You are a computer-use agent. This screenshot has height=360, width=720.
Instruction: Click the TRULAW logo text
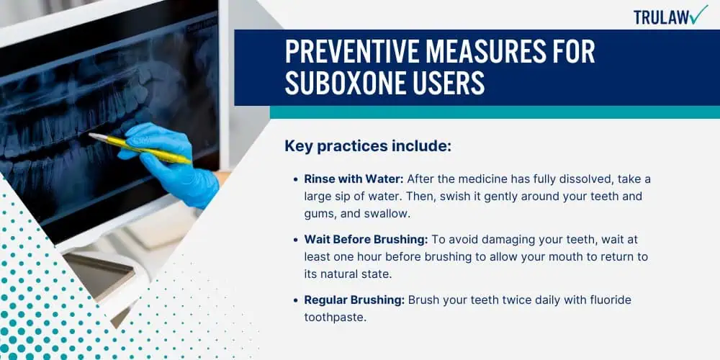pyautogui.click(x=661, y=17)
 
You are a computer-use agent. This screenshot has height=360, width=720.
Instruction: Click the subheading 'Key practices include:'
pyautogui.click(x=368, y=146)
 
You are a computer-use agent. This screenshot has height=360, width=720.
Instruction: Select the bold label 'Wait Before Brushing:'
pyautogui.click(x=366, y=239)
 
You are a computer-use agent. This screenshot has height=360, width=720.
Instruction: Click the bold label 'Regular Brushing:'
pyautogui.click(x=354, y=300)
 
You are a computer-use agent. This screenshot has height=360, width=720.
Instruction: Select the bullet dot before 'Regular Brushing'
pyautogui.click(x=296, y=300)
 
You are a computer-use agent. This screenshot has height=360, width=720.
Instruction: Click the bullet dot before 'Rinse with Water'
pyautogui.click(x=296, y=179)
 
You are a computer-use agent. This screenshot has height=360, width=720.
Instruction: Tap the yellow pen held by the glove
pyautogui.click(x=140, y=148)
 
